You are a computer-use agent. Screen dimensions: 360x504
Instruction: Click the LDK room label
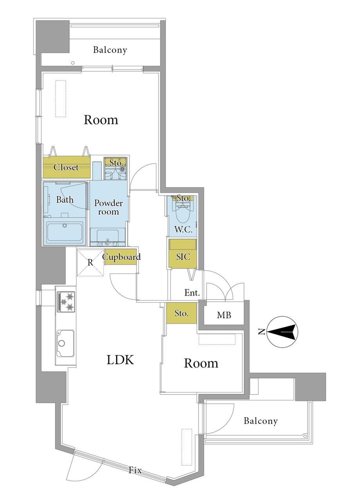click(120, 360)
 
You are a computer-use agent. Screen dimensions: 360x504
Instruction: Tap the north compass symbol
click(283, 332)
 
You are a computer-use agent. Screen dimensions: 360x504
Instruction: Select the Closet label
click(66, 167)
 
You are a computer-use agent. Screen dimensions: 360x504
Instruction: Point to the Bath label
click(65, 199)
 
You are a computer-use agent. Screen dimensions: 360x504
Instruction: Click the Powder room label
click(108, 207)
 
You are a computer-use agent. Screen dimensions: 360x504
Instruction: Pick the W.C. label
click(184, 230)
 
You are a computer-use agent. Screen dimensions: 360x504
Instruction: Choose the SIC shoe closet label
click(183, 257)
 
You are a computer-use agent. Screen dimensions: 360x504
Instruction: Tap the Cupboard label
click(121, 257)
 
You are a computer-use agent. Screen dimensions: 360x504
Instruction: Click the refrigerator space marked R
click(90, 262)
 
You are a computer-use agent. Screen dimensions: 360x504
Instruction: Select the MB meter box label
click(224, 315)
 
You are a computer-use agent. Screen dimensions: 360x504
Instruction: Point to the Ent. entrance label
click(192, 293)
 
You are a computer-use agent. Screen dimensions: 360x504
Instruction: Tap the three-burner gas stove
click(66, 302)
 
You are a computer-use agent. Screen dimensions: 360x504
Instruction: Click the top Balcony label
click(110, 50)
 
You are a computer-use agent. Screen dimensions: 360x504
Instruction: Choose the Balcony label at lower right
click(261, 421)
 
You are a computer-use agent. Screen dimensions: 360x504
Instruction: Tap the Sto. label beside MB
click(182, 313)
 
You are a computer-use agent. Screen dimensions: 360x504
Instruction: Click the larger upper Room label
click(101, 120)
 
